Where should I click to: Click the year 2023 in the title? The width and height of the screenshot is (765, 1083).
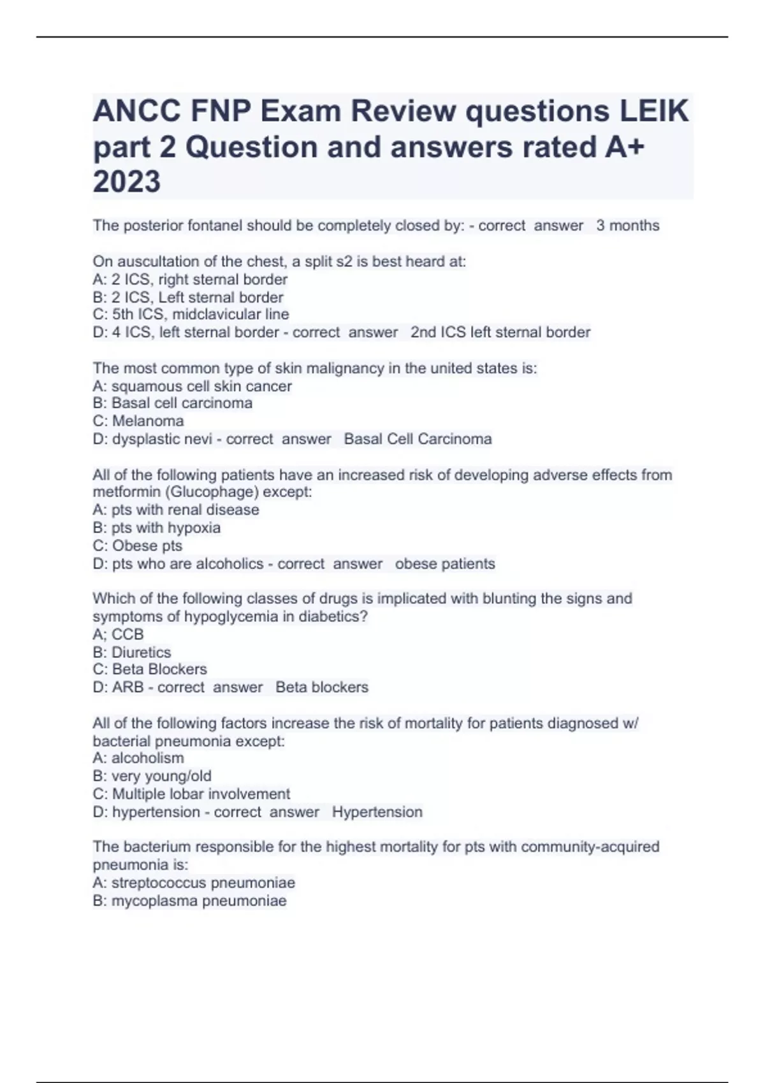[127, 182]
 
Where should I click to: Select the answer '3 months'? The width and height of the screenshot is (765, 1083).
[628, 226]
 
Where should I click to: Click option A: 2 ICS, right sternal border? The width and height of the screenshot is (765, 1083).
[190, 279]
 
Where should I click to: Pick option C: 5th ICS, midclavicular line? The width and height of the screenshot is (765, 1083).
[191, 314]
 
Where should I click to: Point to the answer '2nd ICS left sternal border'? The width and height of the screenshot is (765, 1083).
[500, 332]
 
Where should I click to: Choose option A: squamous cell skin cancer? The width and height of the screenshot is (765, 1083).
[192, 386]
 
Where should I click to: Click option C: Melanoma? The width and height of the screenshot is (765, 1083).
[138, 420]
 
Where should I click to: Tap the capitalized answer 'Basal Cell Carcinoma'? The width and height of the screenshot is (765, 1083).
[418, 439]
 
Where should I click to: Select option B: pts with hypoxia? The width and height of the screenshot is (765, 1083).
[157, 527]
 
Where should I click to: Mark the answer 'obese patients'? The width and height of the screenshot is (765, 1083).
[445, 564]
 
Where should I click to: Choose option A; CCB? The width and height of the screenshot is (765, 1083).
[118, 634]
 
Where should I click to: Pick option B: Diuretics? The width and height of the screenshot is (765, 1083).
[132, 652]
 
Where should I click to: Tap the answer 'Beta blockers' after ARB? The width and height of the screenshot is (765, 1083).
[322, 687]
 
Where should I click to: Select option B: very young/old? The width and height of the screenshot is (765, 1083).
[152, 776]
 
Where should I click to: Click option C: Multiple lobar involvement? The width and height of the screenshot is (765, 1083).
[191, 794]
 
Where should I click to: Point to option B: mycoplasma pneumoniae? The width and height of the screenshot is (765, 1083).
[189, 901]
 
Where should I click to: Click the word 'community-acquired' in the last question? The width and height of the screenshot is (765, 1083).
[590, 847]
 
